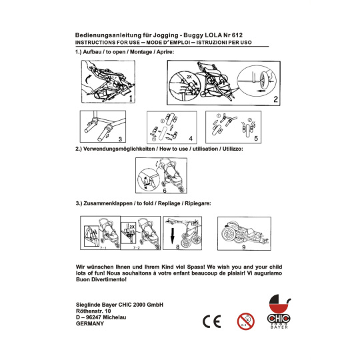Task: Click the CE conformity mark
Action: pyautogui.click(x=212, y=321)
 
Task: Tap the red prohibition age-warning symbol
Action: pyautogui.click(x=245, y=321)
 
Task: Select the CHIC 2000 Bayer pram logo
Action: pyautogui.click(x=279, y=311)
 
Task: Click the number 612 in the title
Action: pyautogui.click(x=237, y=35)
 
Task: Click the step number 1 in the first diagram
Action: pyautogui.click(x=131, y=98)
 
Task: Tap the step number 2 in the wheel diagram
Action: pyautogui.click(x=275, y=99)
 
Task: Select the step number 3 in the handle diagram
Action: pyautogui.click(x=120, y=139)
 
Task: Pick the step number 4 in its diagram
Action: pyautogui.click(x=191, y=139)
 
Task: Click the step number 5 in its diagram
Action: pyautogui.click(x=256, y=138)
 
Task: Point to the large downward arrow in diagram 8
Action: pyautogui.click(x=173, y=236)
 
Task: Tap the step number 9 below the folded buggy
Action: pyautogui.click(x=244, y=247)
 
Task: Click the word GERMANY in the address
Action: pyautogui.click(x=90, y=323)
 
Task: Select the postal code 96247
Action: pyautogui.click(x=93, y=317)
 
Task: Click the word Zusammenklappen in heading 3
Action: pyautogui.click(x=108, y=203)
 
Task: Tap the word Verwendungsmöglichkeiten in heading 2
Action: pyautogui.click(x=119, y=149)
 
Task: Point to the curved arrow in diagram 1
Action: pyautogui.click(x=87, y=81)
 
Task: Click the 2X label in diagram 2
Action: pyautogui.click(x=189, y=77)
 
